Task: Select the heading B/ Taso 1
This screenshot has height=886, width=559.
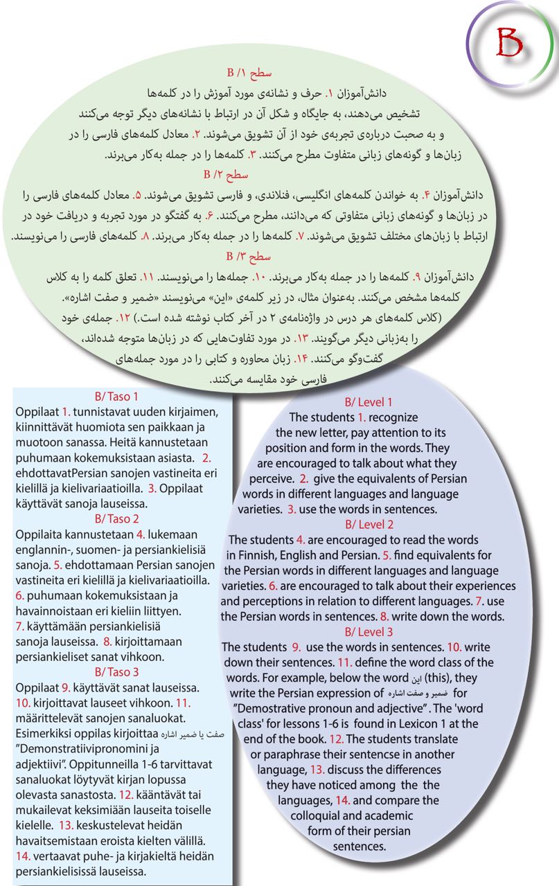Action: (x=116, y=397)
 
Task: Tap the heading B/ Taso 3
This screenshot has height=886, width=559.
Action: (x=116, y=671)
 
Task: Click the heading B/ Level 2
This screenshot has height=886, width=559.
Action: (x=369, y=524)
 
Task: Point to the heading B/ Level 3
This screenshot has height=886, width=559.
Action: (x=369, y=631)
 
